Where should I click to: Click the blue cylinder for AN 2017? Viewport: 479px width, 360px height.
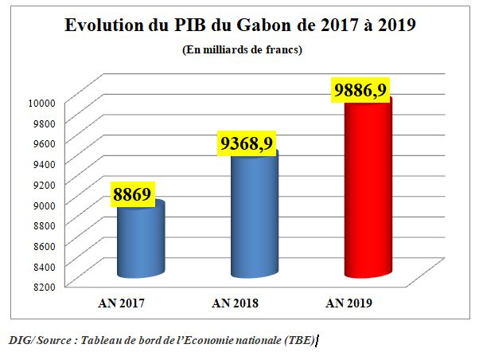click(x=141, y=239)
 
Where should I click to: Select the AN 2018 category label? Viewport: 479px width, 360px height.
click(x=236, y=303)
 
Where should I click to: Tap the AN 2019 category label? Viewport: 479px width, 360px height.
click(x=351, y=303)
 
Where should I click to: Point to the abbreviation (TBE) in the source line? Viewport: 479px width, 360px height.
click(x=301, y=339)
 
